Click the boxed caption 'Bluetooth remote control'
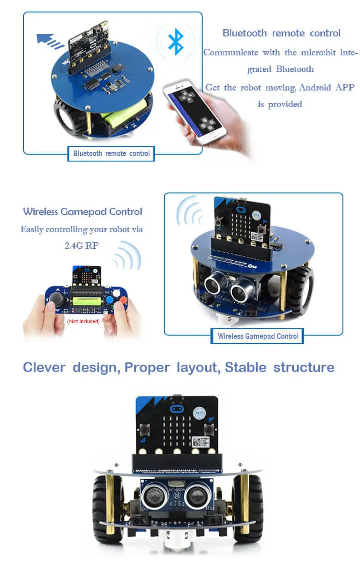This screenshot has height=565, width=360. (x=111, y=153)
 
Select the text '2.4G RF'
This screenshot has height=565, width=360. (x=81, y=246)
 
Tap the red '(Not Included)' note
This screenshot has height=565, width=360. (x=84, y=321)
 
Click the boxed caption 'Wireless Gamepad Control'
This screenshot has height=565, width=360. (x=258, y=336)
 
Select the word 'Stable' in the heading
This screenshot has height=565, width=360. (x=246, y=367)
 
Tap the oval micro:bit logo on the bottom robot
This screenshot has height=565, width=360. (x=176, y=409)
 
